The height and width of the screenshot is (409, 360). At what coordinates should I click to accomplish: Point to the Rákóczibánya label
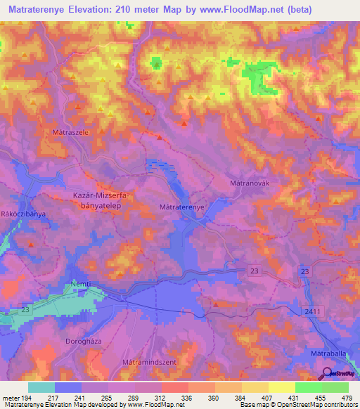pyautogui.click(x=23, y=212)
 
